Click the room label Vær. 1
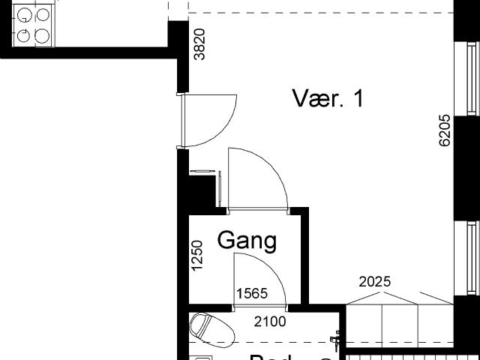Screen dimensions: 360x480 pyautogui.click(x=328, y=98)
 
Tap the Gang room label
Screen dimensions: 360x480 pyautogui.click(x=247, y=241)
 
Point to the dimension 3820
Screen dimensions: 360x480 pyautogui.click(x=199, y=44)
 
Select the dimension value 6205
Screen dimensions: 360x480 pyautogui.click(x=445, y=130)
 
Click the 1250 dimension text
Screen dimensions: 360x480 pyautogui.click(x=197, y=256)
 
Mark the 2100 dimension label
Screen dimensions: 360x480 pyautogui.click(x=270, y=322)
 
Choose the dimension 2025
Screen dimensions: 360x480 pyautogui.click(x=375, y=282)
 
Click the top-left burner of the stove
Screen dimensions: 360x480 pyautogui.click(x=25, y=14)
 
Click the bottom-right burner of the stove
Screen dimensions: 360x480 pyautogui.click(x=42, y=34)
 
